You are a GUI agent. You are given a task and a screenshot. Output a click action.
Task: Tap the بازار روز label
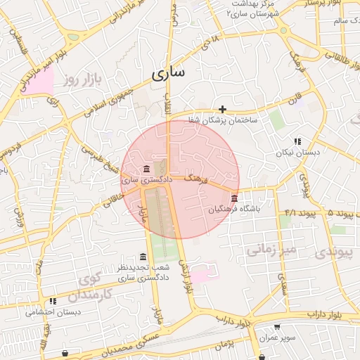point(82,79)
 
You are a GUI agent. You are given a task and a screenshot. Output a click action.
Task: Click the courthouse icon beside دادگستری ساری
point(146,169)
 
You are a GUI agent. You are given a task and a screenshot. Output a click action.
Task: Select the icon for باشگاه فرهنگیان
point(234,198)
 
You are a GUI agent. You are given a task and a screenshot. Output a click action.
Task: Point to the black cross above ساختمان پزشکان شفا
point(223,109)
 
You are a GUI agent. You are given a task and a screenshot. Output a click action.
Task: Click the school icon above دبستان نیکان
point(297,141)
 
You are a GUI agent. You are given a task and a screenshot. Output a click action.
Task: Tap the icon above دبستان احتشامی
point(53,302)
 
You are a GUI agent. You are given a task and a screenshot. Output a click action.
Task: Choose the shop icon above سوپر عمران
point(276,327)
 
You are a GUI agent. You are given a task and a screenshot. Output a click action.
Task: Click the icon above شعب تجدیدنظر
point(143,257)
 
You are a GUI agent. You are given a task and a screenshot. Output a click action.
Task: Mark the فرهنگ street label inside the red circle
point(196,180)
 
